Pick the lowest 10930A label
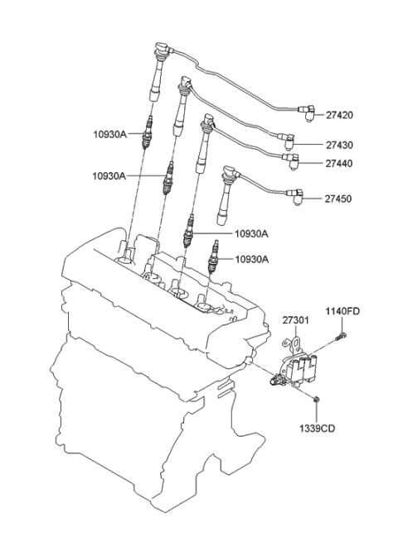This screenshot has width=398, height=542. tap(250, 259)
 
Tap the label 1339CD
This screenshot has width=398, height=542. tap(319, 428)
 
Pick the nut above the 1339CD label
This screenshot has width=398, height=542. tap(318, 401)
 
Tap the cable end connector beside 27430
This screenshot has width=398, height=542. tap(287, 139)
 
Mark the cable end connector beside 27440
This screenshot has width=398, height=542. tap(292, 160)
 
